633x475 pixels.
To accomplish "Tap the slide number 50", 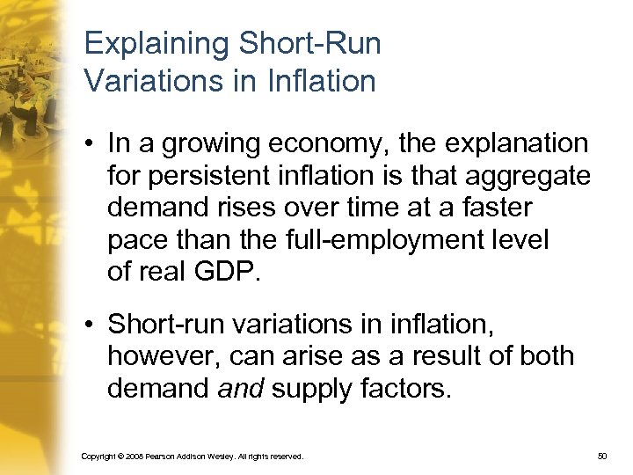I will coord(602,457).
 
